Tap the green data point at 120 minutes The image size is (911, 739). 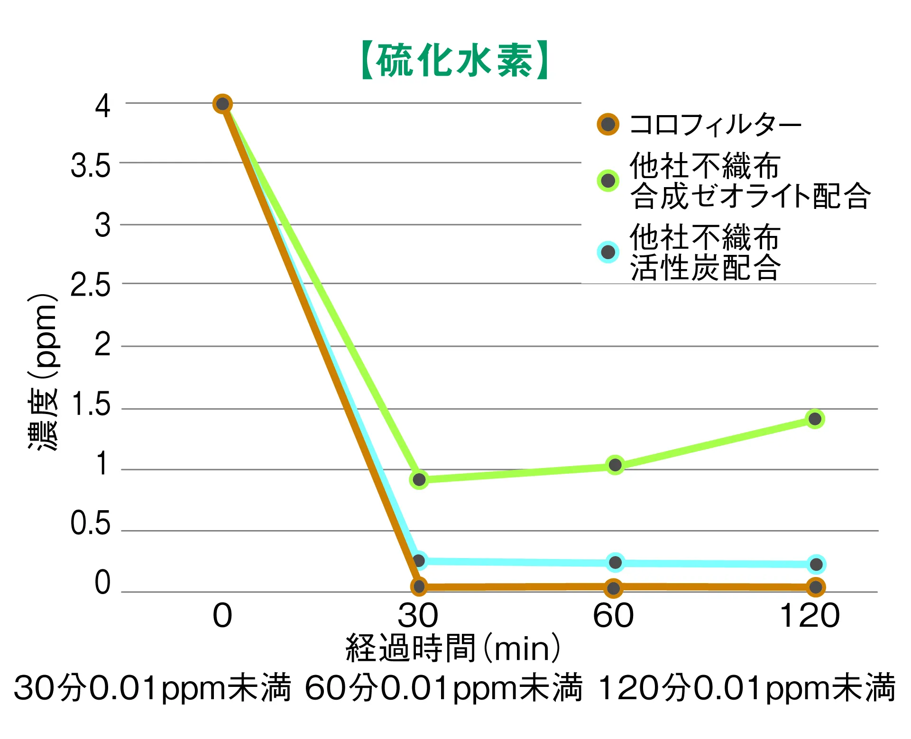coord(815,419)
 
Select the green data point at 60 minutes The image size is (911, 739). coord(615,465)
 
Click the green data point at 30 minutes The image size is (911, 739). coord(419,480)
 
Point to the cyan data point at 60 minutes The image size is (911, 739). coord(615,562)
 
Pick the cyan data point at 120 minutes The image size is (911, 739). coord(816,564)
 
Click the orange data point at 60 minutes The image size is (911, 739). coord(614,588)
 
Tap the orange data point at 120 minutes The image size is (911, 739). coord(816,587)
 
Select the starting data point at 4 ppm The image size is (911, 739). coord(222,104)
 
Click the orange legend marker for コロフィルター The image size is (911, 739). coord(608,125)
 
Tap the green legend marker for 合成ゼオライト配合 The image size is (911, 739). coord(608,180)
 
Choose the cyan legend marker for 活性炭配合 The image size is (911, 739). coord(608,252)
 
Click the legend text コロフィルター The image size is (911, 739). coord(715,125)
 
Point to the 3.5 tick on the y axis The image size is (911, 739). coord(90,167)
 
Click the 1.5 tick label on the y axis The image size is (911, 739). coord(90,405)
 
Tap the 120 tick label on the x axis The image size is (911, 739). coord(810,616)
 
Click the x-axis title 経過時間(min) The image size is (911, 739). coord(453,648)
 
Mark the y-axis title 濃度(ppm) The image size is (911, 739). coord(43,372)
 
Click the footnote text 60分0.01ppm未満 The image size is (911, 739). coord(443,688)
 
